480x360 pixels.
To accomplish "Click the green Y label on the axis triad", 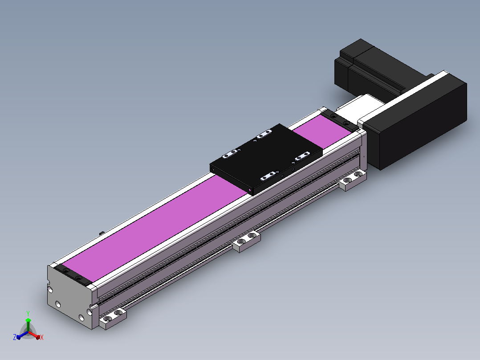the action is (x=28, y=313).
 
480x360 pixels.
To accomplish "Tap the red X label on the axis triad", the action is (x=42, y=337).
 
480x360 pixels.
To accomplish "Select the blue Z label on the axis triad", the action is (x=14, y=337).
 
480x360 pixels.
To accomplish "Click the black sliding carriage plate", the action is (x=266, y=160).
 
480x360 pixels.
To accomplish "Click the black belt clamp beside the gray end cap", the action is (x=73, y=275).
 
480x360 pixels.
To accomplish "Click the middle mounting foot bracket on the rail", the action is (x=246, y=241).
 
